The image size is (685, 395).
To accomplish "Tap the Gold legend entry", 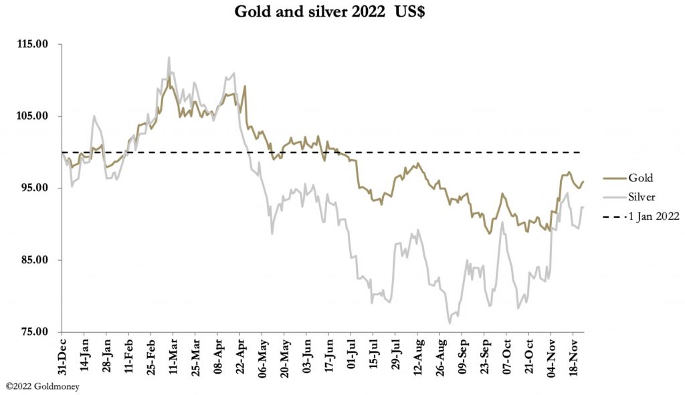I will pyautogui.click(x=640, y=178).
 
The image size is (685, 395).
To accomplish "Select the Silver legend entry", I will pyautogui.click(x=641, y=196).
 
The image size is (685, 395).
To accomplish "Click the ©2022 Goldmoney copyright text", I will pyautogui.click(x=42, y=386).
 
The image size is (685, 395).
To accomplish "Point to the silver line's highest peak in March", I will pyautogui.click(x=169, y=57).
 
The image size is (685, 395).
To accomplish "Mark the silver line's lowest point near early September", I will pyautogui.click(x=450, y=323).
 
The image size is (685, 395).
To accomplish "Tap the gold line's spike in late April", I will pyautogui.click(x=245, y=86).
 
